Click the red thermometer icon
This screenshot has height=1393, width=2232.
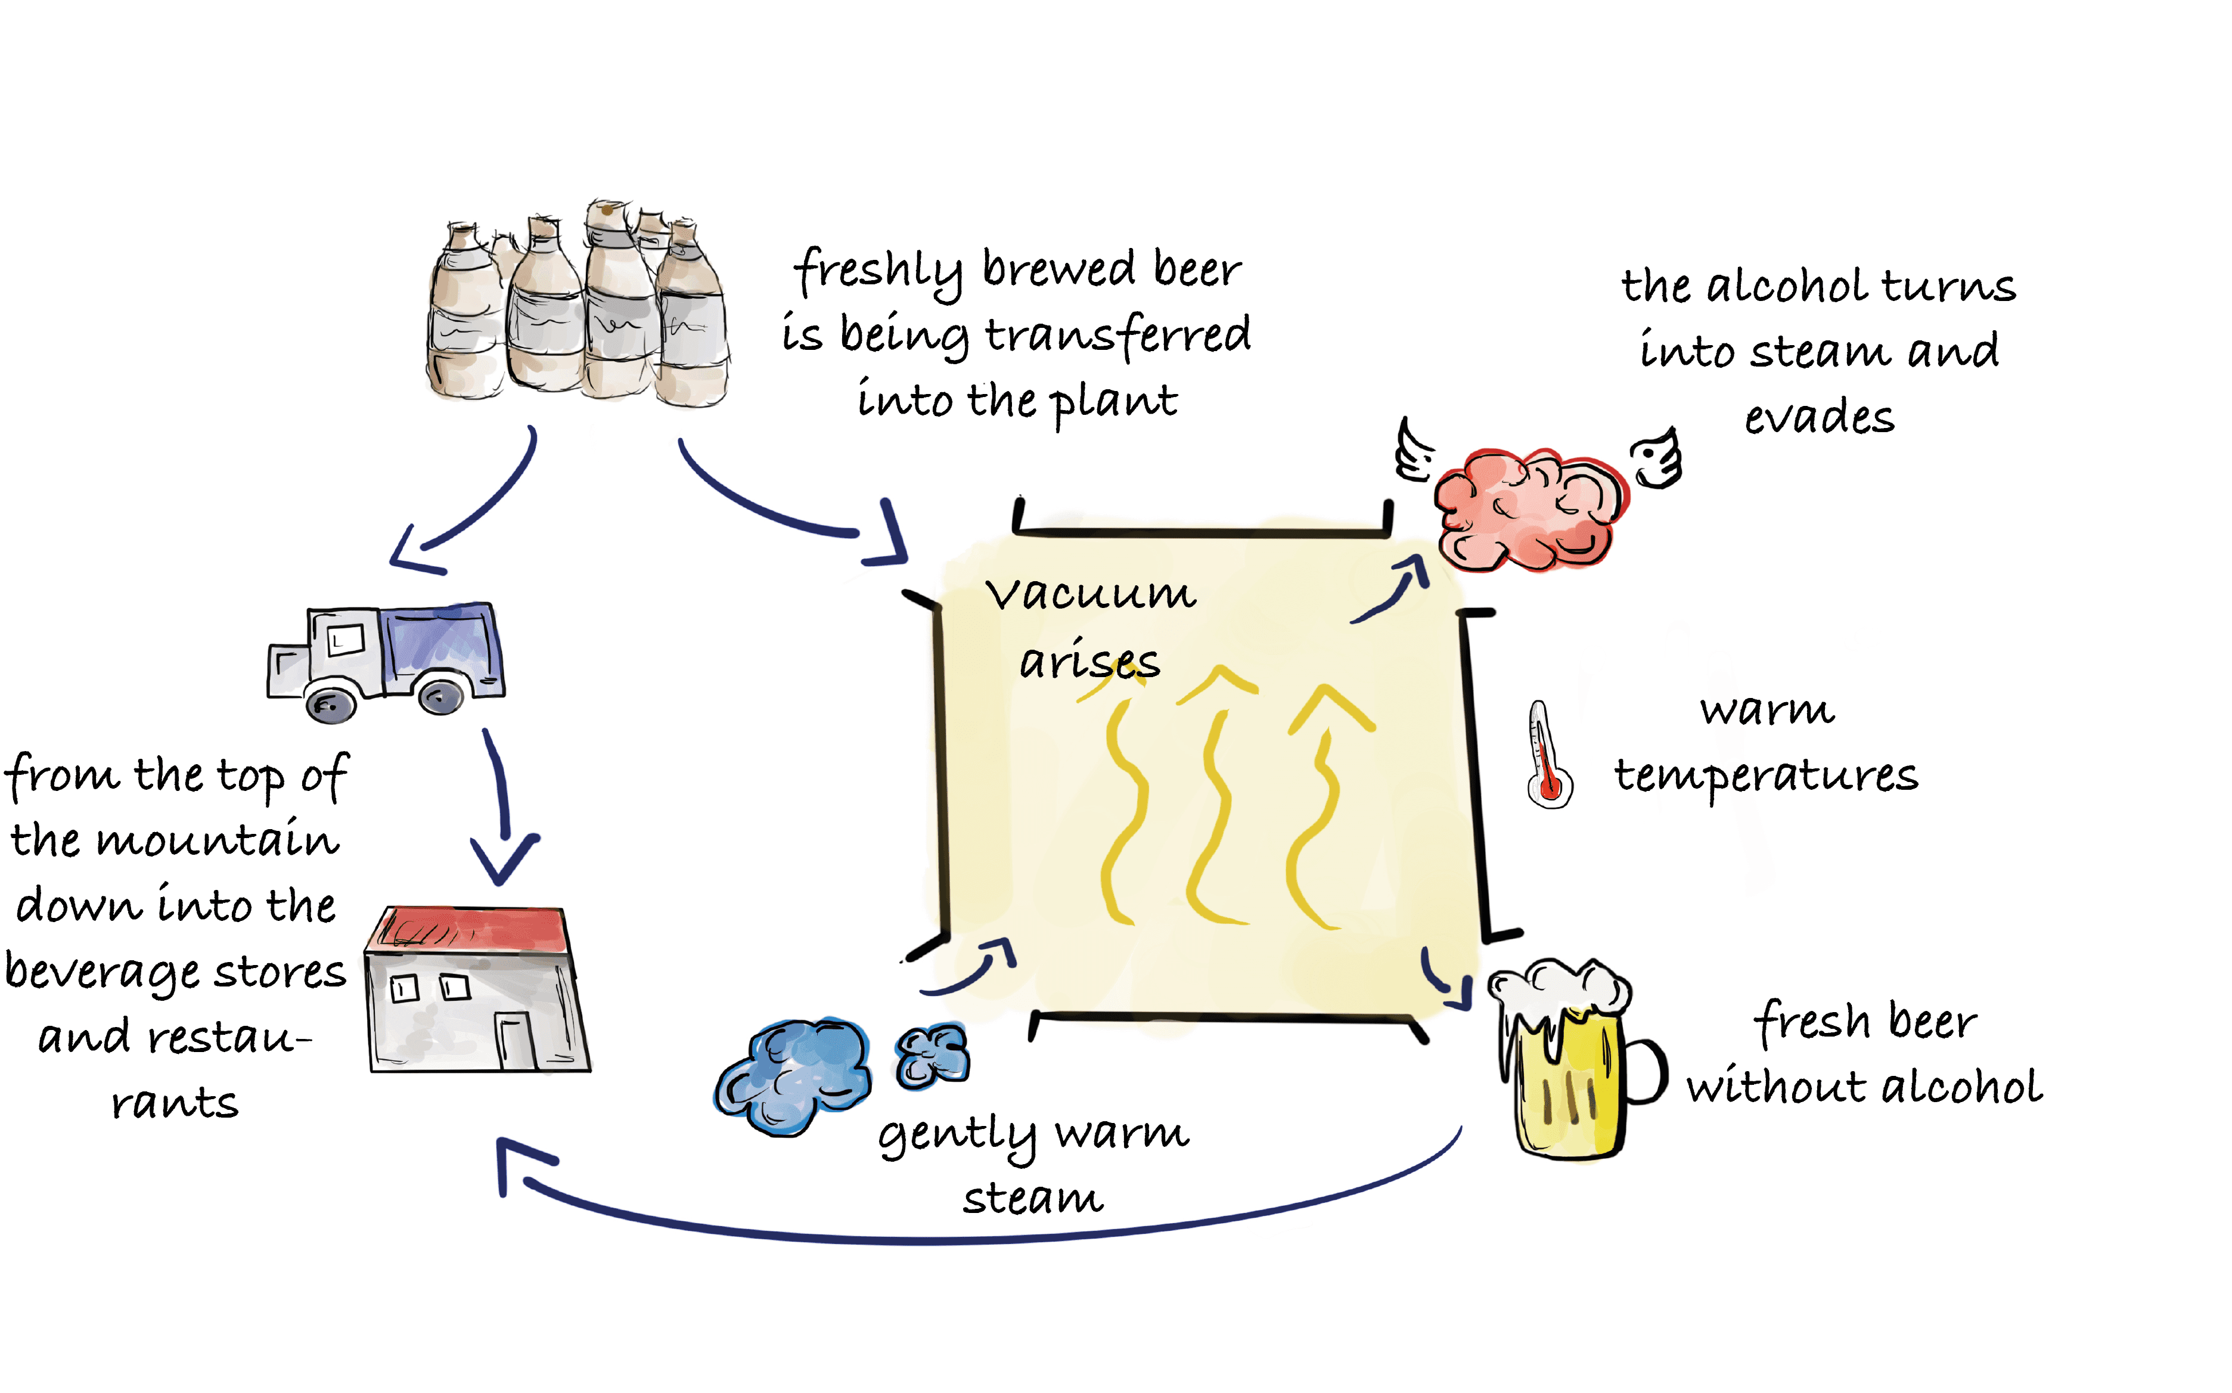(1548, 755)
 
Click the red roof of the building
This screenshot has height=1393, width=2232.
(470, 929)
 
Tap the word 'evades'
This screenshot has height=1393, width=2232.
(1820, 417)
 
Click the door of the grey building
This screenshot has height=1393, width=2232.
(516, 1041)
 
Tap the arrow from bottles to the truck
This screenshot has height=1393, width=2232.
(470, 507)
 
